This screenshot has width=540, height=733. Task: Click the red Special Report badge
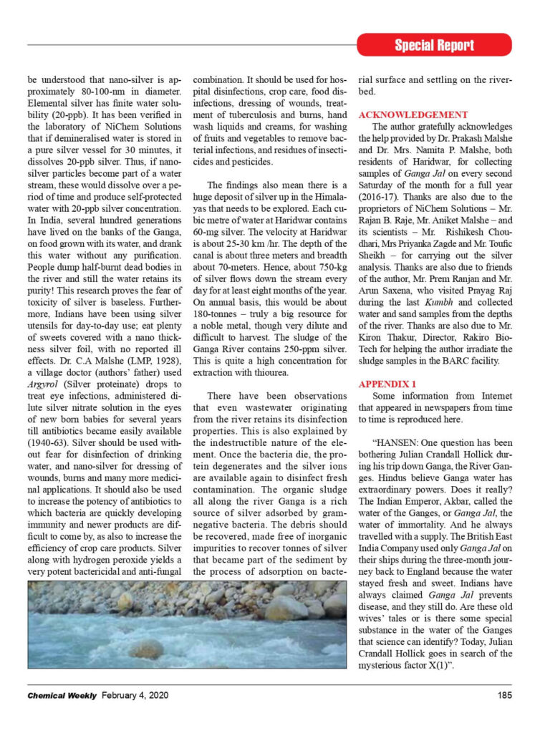[434, 45]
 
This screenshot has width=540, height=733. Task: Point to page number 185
[504, 694]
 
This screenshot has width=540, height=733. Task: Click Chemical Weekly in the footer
[62, 694]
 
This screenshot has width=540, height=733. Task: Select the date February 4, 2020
[142, 694]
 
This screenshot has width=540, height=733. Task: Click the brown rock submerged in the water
[147, 649]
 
